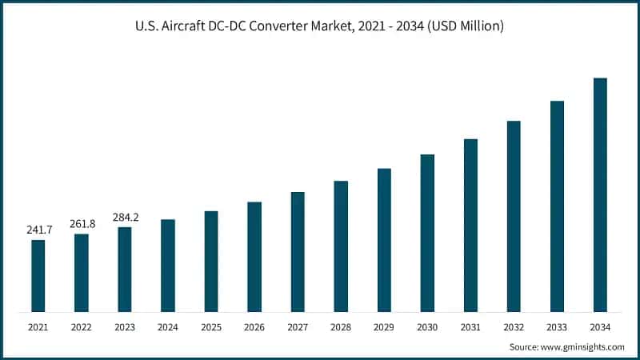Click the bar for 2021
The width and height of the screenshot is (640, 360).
click(38, 276)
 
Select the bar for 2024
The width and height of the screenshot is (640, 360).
click(168, 266)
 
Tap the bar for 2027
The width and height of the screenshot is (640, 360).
click(298, 252)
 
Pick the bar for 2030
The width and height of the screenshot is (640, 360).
click(427, 233)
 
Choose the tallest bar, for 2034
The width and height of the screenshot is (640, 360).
click(600, 195)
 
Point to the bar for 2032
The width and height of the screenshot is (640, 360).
click(514, 216)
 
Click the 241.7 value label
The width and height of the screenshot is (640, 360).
click(38, 230)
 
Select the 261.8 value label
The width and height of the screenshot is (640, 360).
click(82, 224)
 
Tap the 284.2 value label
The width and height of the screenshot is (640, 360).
click(125, 217)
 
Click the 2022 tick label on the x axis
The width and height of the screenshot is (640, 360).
click(82, 327)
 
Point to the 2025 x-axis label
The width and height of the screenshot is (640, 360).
click(211, 327)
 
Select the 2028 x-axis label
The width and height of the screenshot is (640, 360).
click(341, 327)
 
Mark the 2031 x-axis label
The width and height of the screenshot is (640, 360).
click(470, 327)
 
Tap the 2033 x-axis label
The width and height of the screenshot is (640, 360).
click(557, 327)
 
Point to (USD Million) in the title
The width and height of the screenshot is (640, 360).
click(466, 26)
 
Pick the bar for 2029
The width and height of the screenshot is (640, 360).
click(384, 240)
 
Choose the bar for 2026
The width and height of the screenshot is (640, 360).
click(254, 257)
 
